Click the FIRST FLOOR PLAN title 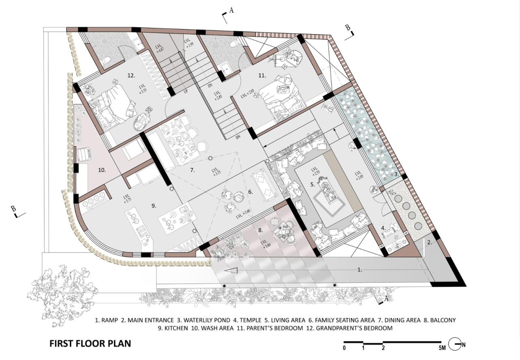point(90,343)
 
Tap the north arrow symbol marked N point(455,345)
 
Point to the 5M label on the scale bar point(442,348)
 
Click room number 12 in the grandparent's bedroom point(131,75)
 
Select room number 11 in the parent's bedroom point(262,75)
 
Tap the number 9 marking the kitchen point(154,206)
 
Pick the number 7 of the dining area point(192,170)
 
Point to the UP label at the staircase point(186,92)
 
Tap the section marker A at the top point(231,11)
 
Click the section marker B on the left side point(13,209)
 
